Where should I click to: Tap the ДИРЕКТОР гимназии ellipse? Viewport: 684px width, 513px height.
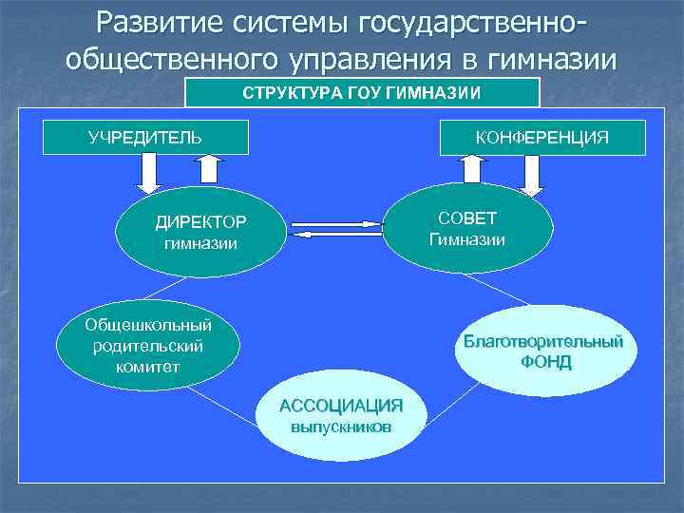pyautogui.click(x=200, y=233)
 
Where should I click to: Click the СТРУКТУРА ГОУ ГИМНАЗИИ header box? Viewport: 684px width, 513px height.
pyautogui.click(x=362, y=92)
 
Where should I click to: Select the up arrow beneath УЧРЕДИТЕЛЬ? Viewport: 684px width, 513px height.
pyautogui.click(x=210, y=170)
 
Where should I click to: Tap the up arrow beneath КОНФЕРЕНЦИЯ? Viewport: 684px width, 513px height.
pyautogui.click(x=472, y=169)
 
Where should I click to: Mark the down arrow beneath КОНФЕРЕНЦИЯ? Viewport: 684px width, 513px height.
pyautogui.click(x=532, y=175)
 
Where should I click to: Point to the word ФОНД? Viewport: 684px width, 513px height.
pyautogui.click(x=545, y=362)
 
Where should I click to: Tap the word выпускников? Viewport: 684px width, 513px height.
pyautogui.click(x=340, y=427)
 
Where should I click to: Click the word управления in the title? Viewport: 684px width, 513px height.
pyautogui.click(x=375, y=60)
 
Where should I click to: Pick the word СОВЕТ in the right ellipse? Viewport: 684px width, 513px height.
pyautogui.click(x=467, y=218)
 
